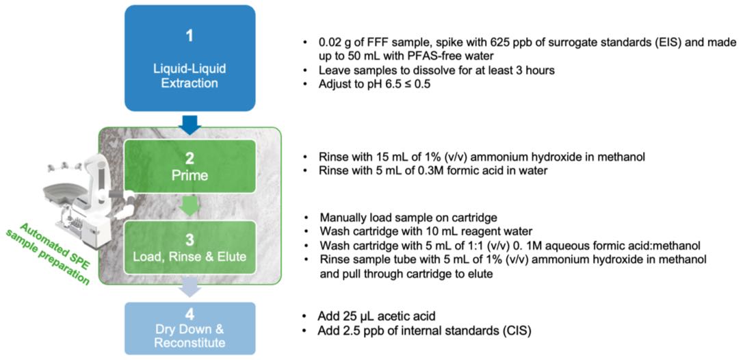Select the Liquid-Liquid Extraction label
(x=189, y=77)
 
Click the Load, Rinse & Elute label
(x=190, y=257)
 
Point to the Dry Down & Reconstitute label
(x=190, y=334)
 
